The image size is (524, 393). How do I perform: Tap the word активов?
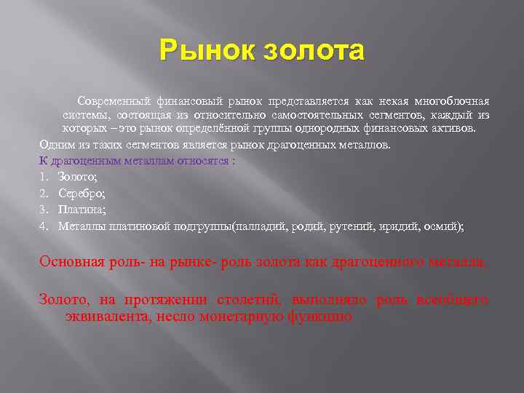(x=455, y=129)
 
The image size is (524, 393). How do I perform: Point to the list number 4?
(x=43, y=226)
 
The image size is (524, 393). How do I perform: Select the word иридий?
(x=402, y=226)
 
